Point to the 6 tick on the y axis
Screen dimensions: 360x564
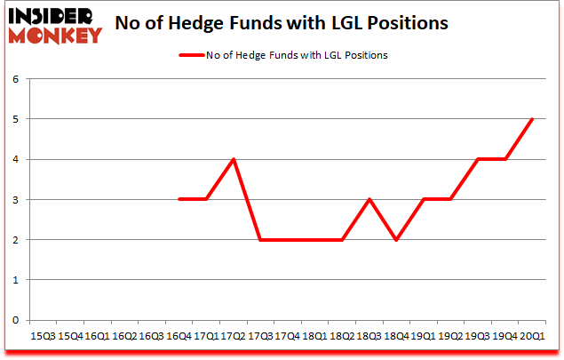click(x=15, y=79)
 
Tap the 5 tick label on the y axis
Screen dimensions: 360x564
click(x=15, y=119)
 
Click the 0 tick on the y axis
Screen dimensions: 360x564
click(x=15, y=320)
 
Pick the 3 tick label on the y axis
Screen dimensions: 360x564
click(x=15, y=200)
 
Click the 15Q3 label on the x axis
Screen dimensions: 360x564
click(x=43, y=337)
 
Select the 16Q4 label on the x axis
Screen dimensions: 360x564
click(x=179, y=337)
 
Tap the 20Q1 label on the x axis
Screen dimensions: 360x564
click(x=533, y=337)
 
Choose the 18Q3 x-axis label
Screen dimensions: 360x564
click(x=369, y=337)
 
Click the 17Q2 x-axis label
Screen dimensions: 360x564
click(x=233, y=337)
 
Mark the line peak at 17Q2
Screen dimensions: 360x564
click(x=233, y=159)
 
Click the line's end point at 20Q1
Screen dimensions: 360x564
click(x=533, y=119)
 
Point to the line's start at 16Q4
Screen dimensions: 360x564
click(x=179, y=200)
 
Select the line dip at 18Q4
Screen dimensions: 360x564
click(x=396, y=240)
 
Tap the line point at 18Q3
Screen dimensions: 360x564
click(x=369, y=200)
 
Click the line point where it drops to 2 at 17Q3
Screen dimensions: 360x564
click(x=260, y=240)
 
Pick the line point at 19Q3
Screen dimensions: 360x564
click(x=479, y=159)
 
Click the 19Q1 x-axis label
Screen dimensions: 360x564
click(x=424, y=337)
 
